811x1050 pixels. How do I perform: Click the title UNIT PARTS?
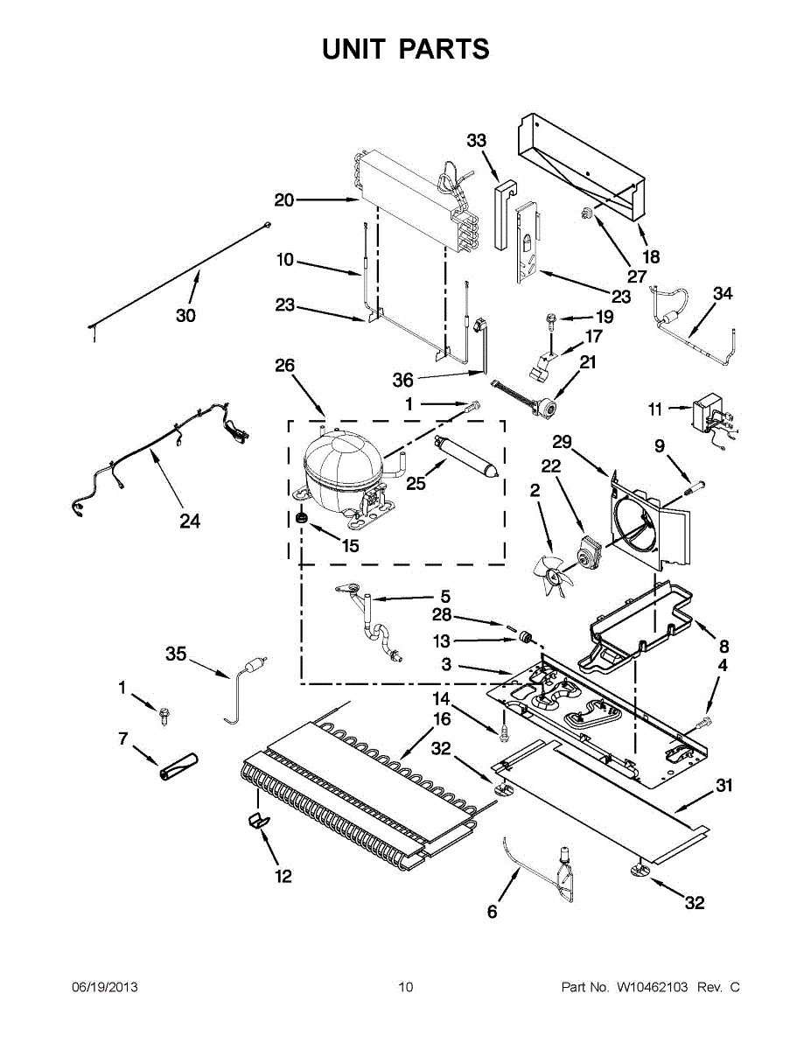tap(405, 49)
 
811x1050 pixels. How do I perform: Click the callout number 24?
tap(190, 521)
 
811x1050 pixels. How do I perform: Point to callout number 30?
tap(185, 315)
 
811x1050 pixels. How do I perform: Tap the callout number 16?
tap(442, 719)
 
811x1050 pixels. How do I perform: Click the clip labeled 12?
tap(257, 821)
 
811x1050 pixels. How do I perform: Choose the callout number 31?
tap(724, 786)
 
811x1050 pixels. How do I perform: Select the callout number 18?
tap(651, 257)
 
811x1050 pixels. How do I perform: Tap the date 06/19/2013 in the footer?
tap(104, 988)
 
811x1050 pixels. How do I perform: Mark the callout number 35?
tap(177, 653)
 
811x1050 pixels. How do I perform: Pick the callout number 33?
tap(476, 141)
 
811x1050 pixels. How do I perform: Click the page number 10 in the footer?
tap(405, 988)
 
